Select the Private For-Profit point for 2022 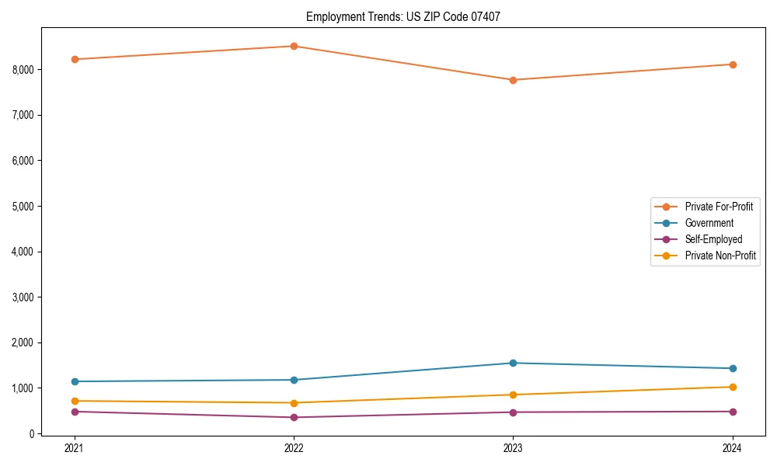coord(294,46)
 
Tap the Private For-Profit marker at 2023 coord(514,80)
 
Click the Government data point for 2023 coord(514,363)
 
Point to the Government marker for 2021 coord(75,381)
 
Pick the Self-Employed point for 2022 coord(294,417)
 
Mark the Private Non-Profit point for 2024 coord(733,387)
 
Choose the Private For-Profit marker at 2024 coord(733,64)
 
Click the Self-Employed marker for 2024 coord(733,412)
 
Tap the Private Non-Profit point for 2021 coord(75,401)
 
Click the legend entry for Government coord(709,223)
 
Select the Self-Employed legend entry coord(713,239)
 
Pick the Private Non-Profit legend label coord(720,256)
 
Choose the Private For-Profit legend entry coord(719,207)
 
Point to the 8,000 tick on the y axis coord(24,70)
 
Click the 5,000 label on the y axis coord(24,207)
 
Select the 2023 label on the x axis coord(514,448)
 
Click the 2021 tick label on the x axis coord(75,448)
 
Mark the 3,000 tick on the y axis coord(24,297)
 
